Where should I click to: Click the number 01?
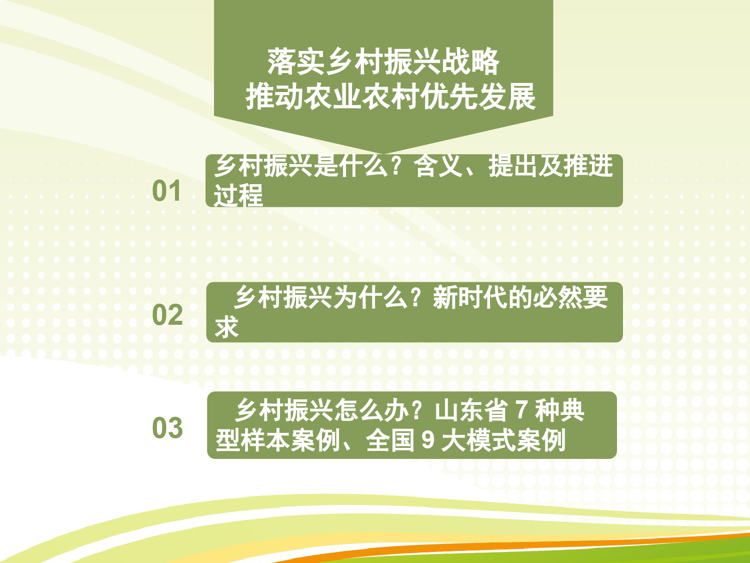tap(166, 191)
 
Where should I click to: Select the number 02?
tap(167, 315)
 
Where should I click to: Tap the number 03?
tap(167, 428)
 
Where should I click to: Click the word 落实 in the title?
tap(295, 62)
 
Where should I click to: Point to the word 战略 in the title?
tap(471, 62)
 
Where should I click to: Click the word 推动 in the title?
tap(274, 97)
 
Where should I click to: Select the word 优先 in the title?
tap(449, 97)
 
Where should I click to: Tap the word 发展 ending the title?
tap(507, 97)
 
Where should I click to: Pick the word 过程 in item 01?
tap(238, 195)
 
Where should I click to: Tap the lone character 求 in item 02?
tap(226, 327)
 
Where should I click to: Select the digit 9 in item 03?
tap(428, 439)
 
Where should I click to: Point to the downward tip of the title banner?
tap(383, 154)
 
